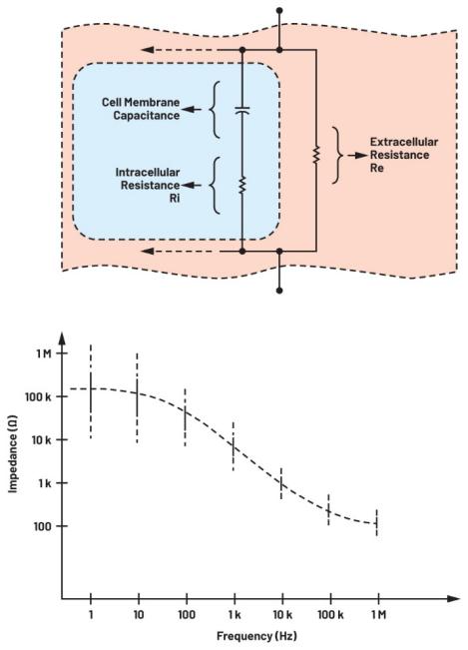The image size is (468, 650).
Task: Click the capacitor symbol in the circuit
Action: (x=242, y=110)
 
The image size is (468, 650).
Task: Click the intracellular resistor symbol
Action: (x=242, y=185)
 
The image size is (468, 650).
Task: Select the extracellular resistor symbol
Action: (x=316, y=154)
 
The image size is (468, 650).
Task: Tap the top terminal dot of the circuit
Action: (x=279, y=10)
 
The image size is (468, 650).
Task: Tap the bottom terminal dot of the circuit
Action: (x=279, y=291)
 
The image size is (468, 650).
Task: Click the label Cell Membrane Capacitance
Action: (x=141, y=109)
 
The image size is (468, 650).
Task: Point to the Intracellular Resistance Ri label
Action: (x=148, y=185)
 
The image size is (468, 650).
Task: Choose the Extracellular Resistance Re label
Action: (x=404, y=155)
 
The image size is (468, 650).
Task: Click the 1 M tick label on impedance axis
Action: (x=43, y=353)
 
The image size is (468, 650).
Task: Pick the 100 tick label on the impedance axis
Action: (x=43, y=526)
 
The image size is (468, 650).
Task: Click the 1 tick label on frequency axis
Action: (x=90, y=614)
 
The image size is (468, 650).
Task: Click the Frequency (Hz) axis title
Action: (x=256, y=636)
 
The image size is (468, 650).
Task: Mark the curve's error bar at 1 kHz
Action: (x=234, y=446)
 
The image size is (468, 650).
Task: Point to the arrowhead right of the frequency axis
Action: (x=453, y=599)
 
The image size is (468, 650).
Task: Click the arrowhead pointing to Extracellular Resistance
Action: (x=361, y=156)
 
